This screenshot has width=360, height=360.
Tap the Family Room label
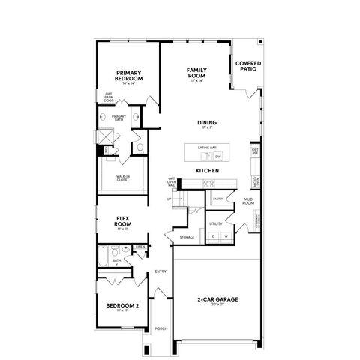coord(197,73)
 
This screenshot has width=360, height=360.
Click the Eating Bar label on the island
coord(207,148)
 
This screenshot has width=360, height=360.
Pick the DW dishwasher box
coord(218,157)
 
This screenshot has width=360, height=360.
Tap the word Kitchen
coord(208,172)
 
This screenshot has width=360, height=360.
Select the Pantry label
coord(218,199)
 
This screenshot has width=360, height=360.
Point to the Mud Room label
coord(247,202)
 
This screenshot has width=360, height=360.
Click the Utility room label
coord(216,223)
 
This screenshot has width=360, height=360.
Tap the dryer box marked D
coord(214,237)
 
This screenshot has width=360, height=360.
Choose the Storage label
coord(187,237)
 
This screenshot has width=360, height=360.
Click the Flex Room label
coord(123,222)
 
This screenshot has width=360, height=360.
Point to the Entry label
coord(160,271)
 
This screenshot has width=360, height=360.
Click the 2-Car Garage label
coord(219,299)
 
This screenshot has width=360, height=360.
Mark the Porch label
coord(160,328)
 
